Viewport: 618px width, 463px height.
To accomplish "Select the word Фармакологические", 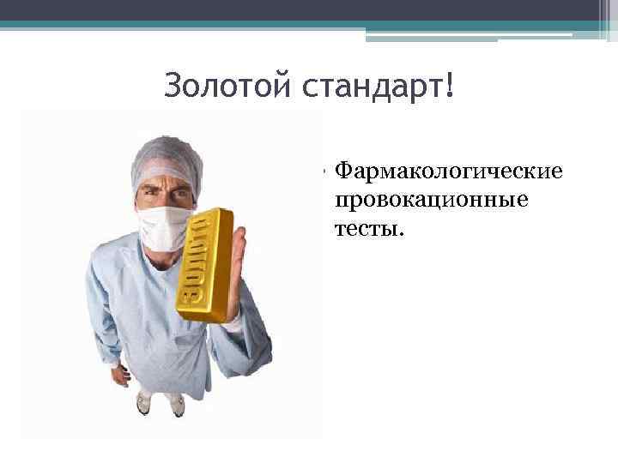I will [x=449, y=171].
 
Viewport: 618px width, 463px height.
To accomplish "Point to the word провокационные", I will [x=432, y=201].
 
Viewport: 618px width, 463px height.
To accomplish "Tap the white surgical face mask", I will [x=167, y=221].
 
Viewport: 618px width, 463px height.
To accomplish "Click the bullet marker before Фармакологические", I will [x=327, y=171].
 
